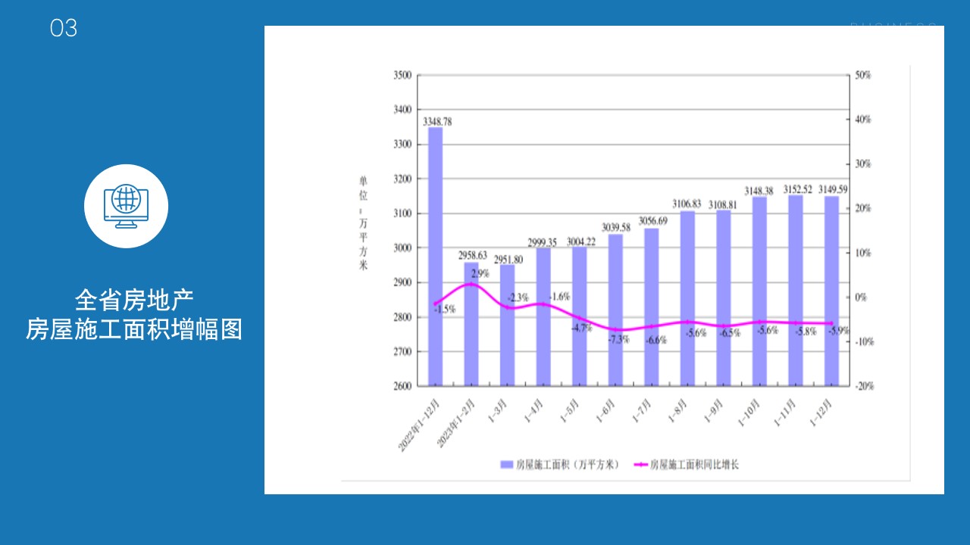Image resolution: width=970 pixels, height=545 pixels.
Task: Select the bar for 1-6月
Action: (615, 310)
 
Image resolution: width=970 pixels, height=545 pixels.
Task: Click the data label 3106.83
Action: (687, 204)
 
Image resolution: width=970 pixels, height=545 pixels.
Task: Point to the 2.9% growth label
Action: (480, 274)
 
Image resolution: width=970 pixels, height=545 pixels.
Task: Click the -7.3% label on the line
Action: (618, 340)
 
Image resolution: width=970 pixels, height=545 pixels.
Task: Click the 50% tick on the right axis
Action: (862, 75)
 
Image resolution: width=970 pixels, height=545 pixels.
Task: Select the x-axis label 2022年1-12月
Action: (421, 425)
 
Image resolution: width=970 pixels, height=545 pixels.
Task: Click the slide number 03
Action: (64, 29)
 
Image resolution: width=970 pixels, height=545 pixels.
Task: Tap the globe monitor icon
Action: (126, 205)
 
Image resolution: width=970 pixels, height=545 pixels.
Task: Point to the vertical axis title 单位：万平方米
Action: (363, 223)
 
